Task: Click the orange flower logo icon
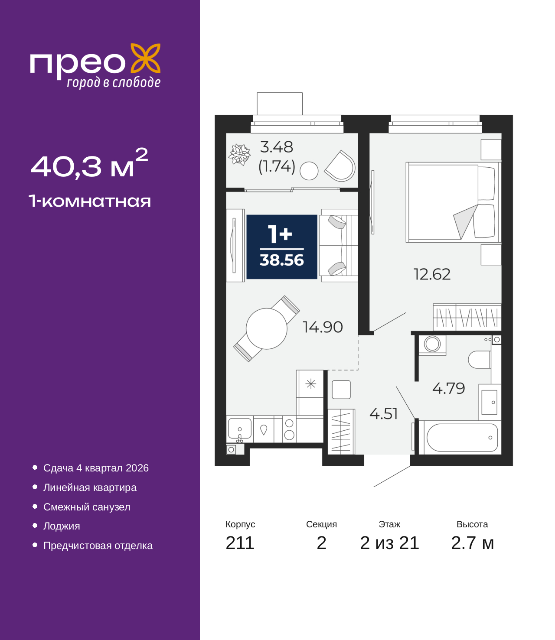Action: pos(145,58)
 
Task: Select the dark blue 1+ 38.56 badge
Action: pos(282,247)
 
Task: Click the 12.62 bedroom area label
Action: pos(432,274)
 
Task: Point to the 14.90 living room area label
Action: pos(323,327)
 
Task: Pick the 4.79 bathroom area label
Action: pos(449,388)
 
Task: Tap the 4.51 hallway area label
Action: pos(383,414)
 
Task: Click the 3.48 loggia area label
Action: pos(276,147)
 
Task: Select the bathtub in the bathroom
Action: pos(462,438)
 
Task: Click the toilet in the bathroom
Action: pos(480,360)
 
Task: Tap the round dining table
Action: pos(267,328)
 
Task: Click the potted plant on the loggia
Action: pos(239,154)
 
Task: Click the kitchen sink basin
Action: pos(239,429)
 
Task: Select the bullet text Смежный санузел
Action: pos(87,507)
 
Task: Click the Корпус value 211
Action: pos(240,543)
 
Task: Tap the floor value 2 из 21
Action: pos(389,543)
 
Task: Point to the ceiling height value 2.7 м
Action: pos(472,543)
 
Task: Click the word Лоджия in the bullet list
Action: pos(62,526)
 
